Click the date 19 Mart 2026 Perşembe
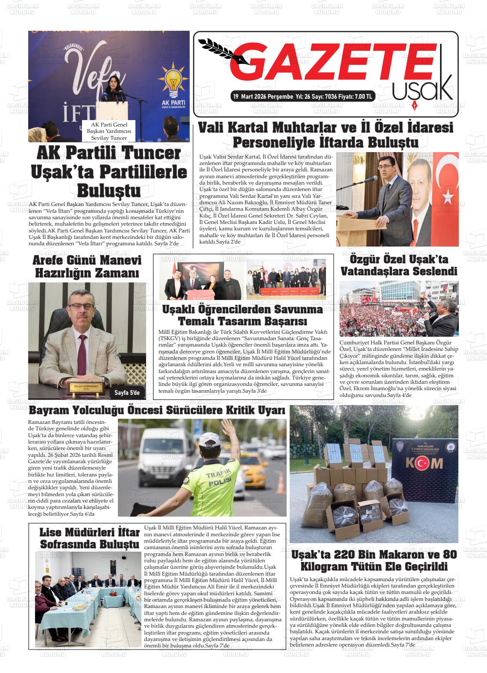(x=262, y=97)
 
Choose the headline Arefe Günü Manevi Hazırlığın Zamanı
(x=87, y=267)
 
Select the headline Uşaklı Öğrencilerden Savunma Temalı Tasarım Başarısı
(x=243, y=315)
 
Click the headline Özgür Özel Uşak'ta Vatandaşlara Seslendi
(x=399, y=265)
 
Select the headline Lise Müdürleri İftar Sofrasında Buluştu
(x=89, y=538)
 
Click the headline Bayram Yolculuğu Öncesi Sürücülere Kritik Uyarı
(x=157, y=411)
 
